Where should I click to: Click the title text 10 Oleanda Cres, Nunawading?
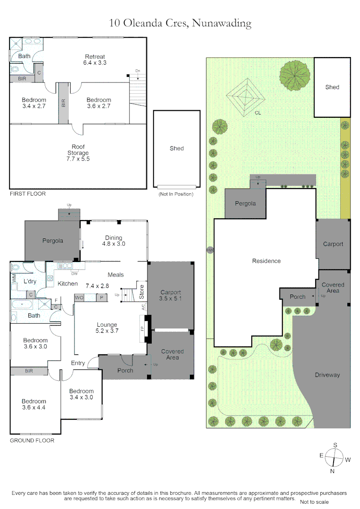pyautogui.click(x=180, y=23)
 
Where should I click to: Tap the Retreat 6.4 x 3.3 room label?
pyautogui.click(x=95, y=60)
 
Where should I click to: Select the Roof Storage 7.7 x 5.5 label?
pyautogui.click(x=78, y=153)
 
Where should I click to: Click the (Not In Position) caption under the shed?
pyautogui.click(x=176, y=194)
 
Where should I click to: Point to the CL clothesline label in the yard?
pyautogui.click(x=258, y=113)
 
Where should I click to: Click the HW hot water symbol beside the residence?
pyautogui.click(x=210, y=250)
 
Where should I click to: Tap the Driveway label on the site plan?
pyautogui.click(x=327, y=375)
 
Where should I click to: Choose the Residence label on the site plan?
pyautogui.click(x=266, y=261)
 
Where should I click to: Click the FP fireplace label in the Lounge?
pyautogui.click(x=142, y=328)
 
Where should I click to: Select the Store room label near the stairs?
pyautogui.click(x=141, y=292)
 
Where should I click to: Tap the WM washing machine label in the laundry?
pyautogui.click(x=14, y=278)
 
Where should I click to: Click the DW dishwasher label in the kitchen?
pyautogui.click(x=74, y=274)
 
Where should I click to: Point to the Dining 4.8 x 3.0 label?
pyautogui.click(x=114, y=241)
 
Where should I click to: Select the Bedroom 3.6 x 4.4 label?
pyautogui.click(x=34, y=404)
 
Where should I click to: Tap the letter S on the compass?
pyautogui.click(x=335, y=445)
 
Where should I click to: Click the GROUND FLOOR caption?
pyautogui.click(x=32, y=441)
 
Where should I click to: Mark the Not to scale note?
pyautogui.click(x=314, y=502)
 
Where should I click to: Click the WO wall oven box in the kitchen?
pyautogui.click(x=79, y=298)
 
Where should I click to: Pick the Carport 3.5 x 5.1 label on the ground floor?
pyautogui.click(x=171, y=296)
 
